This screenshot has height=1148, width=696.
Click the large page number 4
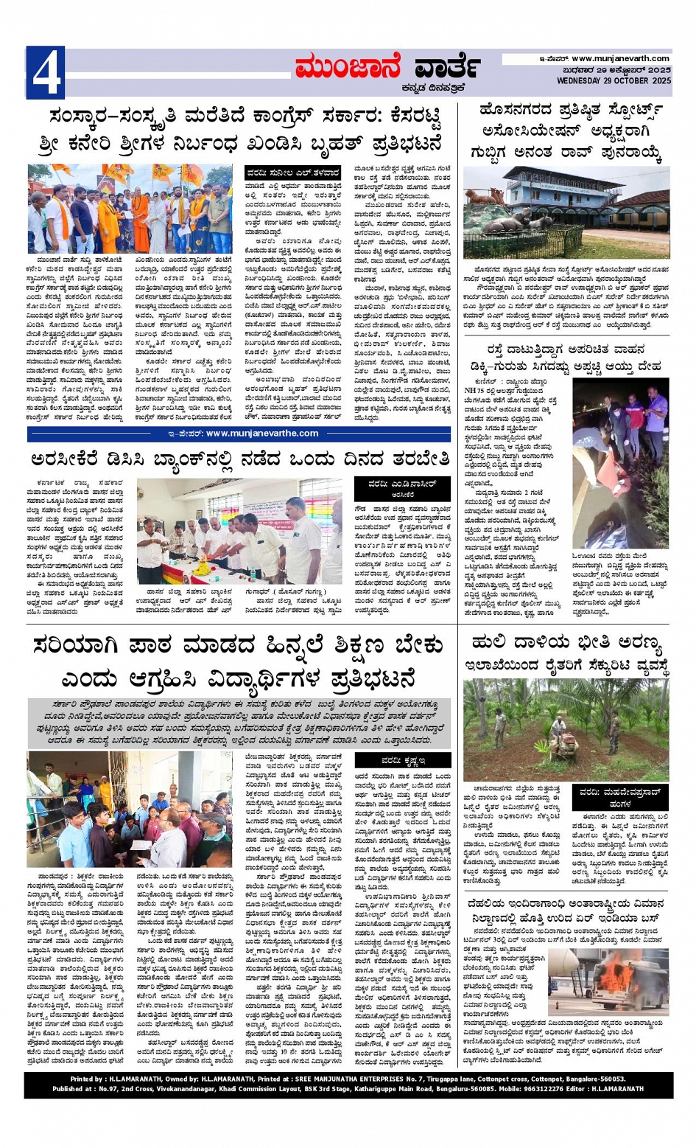45,73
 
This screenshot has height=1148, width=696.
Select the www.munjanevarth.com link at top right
620,58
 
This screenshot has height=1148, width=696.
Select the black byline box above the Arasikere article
402,488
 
